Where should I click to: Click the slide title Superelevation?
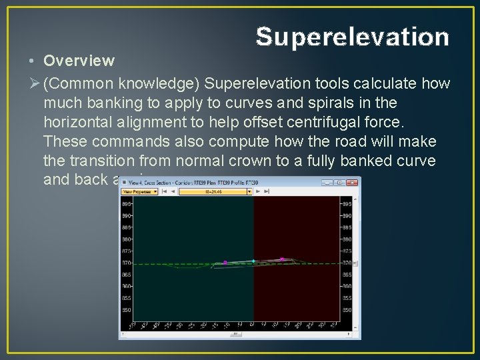click(352, 37)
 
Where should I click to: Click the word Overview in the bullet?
click(79, 61)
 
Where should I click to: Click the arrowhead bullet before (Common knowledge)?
click(34, 84)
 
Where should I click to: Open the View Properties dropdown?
click(139, 191)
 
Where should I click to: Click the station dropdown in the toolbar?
click(215, 191)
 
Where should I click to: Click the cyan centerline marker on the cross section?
click(253, 261)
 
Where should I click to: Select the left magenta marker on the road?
click(225, 263)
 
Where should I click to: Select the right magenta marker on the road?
click(282, 259)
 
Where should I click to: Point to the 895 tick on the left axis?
click(127, 204)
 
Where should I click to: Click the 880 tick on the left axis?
click(127, 239)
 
